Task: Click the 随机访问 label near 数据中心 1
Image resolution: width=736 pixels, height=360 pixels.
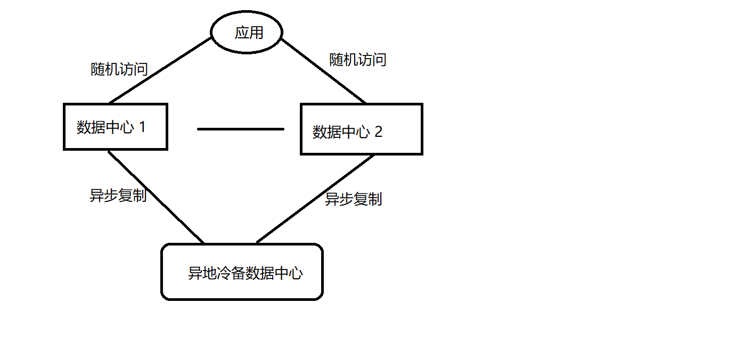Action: coord(119,69)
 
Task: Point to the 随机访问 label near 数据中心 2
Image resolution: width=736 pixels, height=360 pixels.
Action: coord(358,60)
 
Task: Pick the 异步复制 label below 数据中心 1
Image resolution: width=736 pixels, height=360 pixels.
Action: coord(118,196)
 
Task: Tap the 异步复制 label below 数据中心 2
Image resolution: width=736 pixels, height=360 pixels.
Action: coord(354,200)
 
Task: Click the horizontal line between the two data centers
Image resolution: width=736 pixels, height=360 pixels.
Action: coord(241,129)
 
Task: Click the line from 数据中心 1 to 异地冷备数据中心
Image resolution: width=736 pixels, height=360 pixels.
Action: coord(156,197)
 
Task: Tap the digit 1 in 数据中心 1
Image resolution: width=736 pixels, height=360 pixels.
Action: coord(142,127)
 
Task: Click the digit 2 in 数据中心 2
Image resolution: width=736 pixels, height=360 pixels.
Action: coord(378,132)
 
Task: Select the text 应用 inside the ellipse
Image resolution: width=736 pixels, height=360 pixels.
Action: coord(249,33)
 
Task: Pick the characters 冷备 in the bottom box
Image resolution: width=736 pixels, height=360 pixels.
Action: coord(232,274)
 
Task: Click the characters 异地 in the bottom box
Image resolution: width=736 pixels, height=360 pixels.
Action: coord(203,274)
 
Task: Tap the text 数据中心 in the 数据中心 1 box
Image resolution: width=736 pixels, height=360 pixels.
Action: coord(105,128)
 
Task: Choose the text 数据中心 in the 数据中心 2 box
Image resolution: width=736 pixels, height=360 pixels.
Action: coord(341,132)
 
